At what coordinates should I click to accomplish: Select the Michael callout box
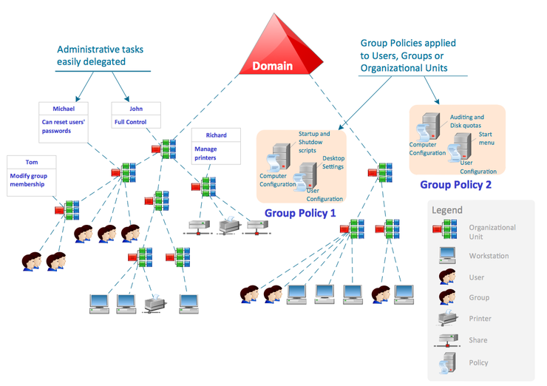coord(64,120)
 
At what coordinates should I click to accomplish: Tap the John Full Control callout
coord(131,115)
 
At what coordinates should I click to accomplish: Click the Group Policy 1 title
coord(300,213)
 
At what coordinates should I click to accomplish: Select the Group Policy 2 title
coord(455,185)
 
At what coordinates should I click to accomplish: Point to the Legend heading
coord(448,210)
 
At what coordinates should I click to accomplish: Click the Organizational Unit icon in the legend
coord(444,231)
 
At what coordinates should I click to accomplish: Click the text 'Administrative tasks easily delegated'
coord(100,56)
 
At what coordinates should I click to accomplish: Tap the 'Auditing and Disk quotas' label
coord(467,121)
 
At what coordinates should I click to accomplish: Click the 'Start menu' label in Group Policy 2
coord(486,138)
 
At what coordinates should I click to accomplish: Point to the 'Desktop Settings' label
coord(333,163)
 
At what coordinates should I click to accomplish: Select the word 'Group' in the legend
coord(479,298)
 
